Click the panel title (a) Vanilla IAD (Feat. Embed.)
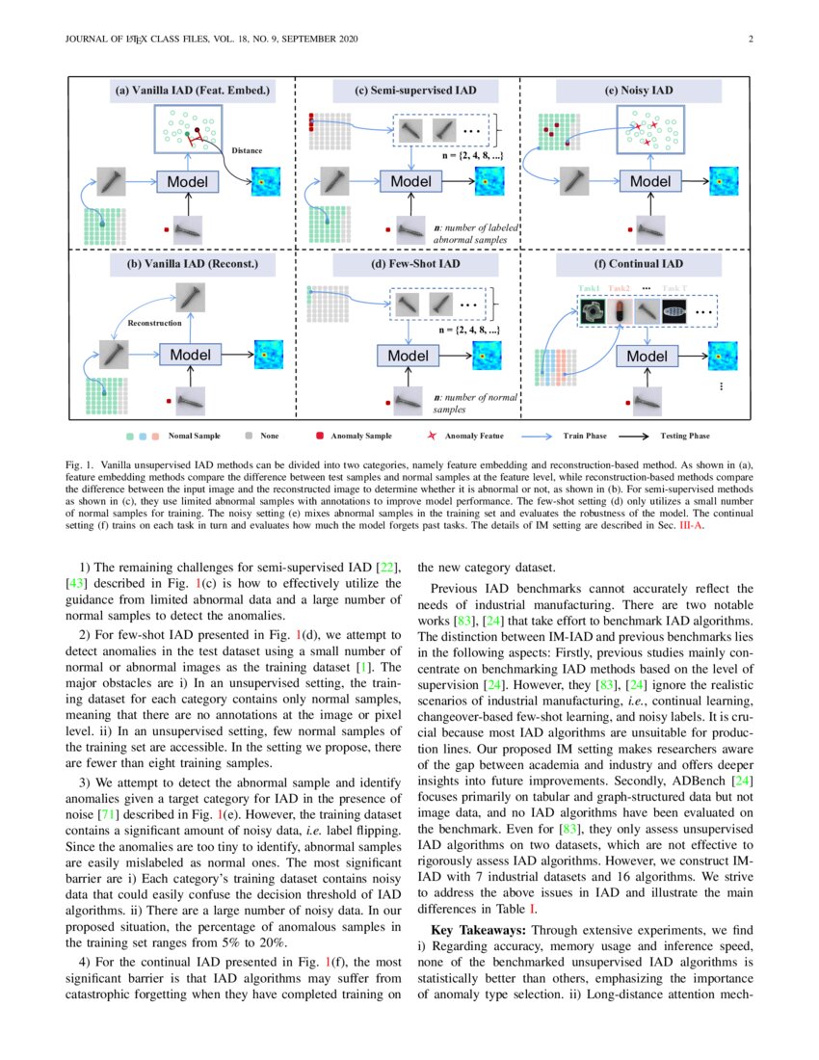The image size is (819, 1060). click(192, 92)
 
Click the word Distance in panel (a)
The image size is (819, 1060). click(247, 150)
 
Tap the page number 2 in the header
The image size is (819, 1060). click(749, 40)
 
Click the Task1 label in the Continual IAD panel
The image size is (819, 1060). click(589, 288)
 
